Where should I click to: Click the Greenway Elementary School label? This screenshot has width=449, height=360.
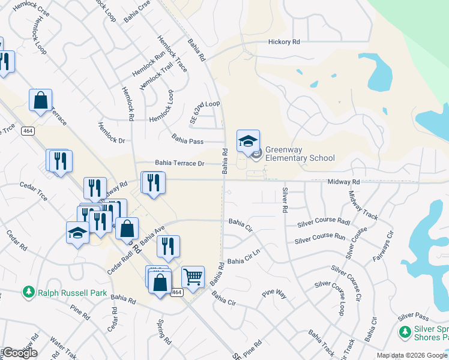click(x=300, y=154)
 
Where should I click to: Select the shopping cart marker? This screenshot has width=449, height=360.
click(x=193, y=278)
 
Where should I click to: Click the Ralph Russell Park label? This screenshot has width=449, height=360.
click(x=73, y=293)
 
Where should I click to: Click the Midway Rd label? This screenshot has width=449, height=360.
click(x=343, y=182)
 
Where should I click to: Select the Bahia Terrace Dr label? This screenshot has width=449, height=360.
click(x=180, y=163)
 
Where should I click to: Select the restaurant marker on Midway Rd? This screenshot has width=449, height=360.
click(x=152, y=183)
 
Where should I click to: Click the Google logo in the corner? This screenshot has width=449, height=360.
click(x=20, y=353)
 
